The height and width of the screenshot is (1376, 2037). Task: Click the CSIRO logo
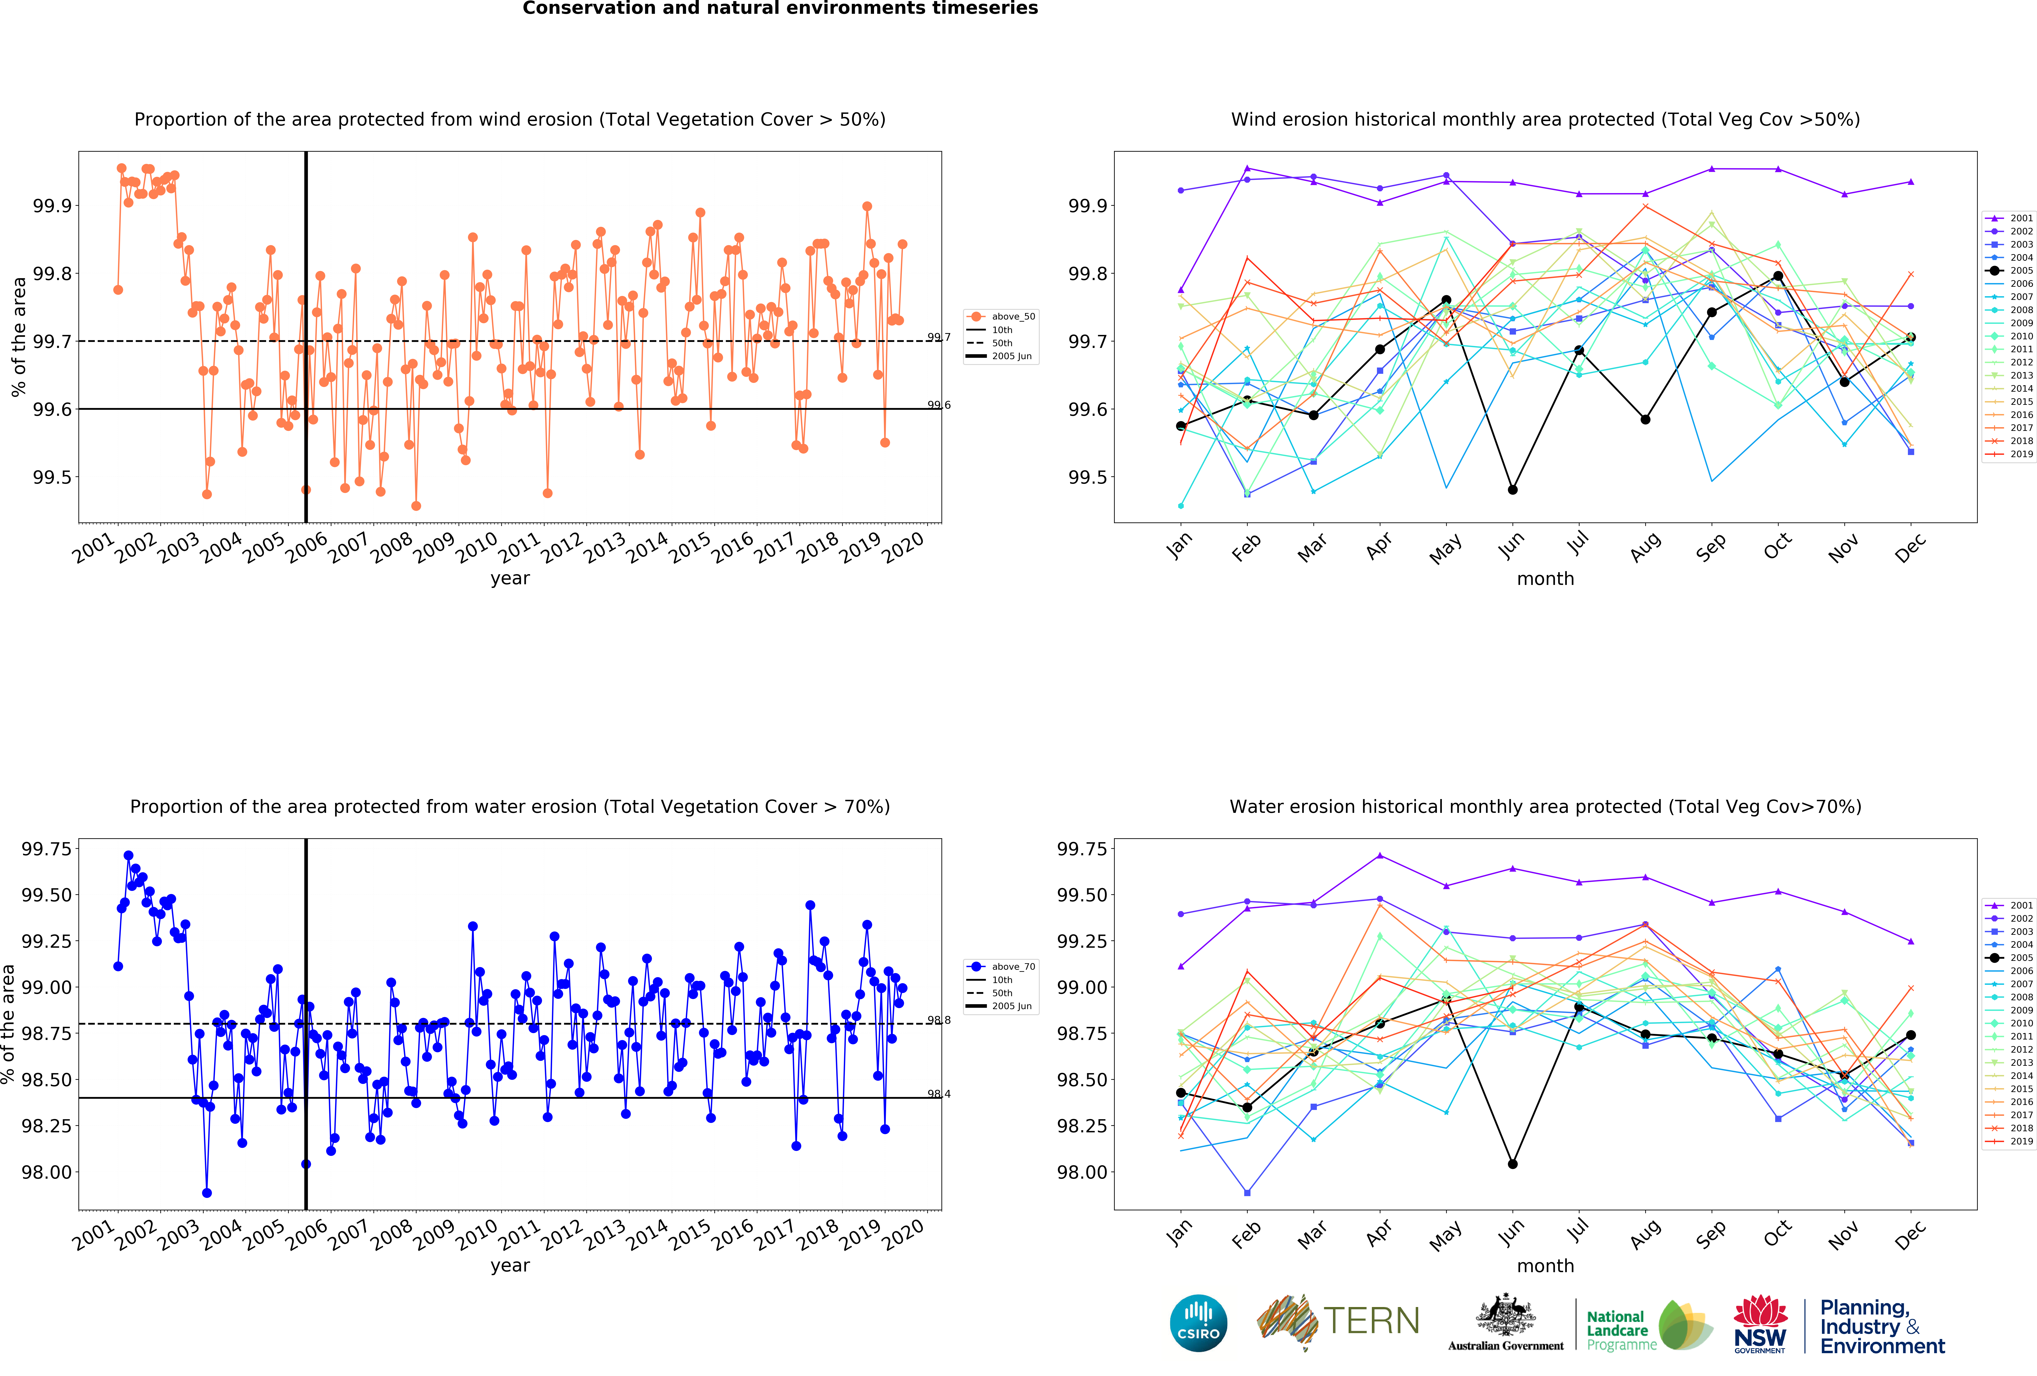[1198, 1323]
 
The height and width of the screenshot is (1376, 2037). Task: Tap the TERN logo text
[1371, 1321]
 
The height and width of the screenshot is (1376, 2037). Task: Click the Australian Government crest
[1505, 1315]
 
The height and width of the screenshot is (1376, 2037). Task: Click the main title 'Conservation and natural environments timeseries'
[780, 9]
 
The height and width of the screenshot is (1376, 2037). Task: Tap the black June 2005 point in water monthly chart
[1512, 1164]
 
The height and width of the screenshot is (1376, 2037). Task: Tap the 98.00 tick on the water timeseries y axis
[47, 1172]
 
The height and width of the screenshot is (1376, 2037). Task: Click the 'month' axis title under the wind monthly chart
[1545, 578]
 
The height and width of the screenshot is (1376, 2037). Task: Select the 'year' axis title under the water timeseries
[510, 1265]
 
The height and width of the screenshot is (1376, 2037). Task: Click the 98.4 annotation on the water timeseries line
[939, 1094]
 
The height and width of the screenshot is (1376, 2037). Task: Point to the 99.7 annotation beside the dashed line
[939, 337]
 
